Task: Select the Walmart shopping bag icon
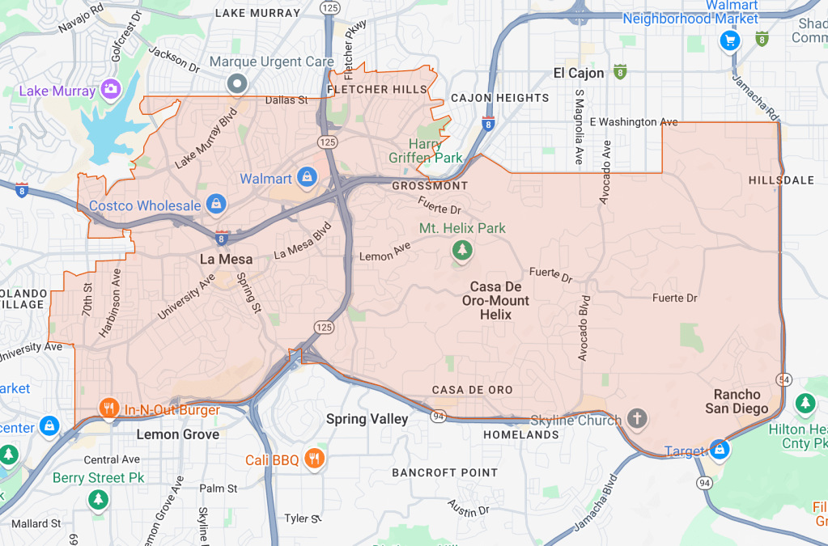(x=307, y=176)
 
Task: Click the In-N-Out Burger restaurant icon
(x=108, y=408)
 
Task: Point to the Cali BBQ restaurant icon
(x=316, y=459)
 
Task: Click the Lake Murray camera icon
(x=110, y=88)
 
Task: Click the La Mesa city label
(x=227, y=260)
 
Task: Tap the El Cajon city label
(x=579, y=73)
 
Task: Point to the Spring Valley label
(x=368, y=419)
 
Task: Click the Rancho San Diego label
(x=737, y=401)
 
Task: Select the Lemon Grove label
(x=177, y=434)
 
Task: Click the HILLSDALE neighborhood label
(x=782, y=180)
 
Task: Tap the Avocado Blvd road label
(x=584, y=327)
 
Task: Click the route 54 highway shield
(x=784, y=379)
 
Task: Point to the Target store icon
(x=719, y=447)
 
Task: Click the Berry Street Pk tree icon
(x=98, y=499)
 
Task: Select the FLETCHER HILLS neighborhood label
(x=376, y=89)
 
